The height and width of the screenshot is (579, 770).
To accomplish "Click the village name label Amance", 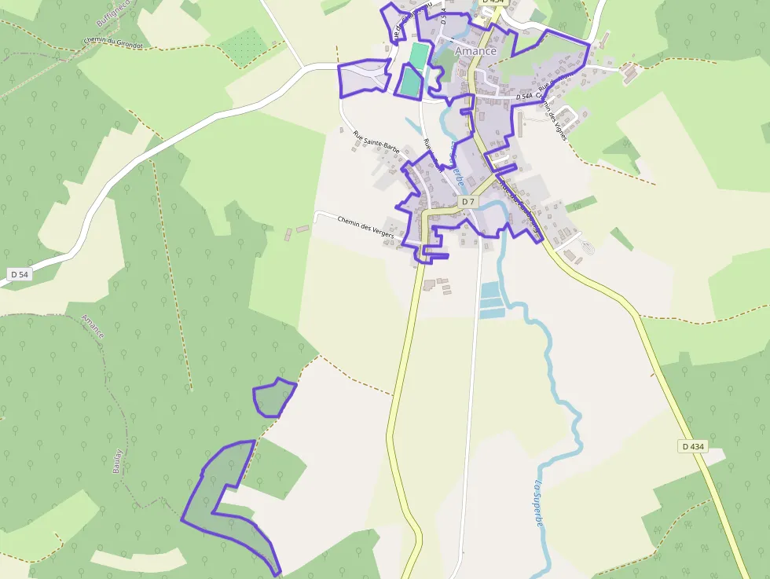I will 475,51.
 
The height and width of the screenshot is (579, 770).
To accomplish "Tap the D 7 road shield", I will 467,202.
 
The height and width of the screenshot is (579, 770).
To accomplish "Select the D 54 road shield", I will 19,274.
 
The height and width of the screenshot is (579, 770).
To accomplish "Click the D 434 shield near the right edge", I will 694,446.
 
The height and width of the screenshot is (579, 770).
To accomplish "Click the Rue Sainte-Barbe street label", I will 376,142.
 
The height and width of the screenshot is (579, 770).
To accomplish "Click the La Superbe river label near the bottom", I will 540,503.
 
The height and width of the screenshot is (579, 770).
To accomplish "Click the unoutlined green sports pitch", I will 419,56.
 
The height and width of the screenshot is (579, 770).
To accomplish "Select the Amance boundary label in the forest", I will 93,326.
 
